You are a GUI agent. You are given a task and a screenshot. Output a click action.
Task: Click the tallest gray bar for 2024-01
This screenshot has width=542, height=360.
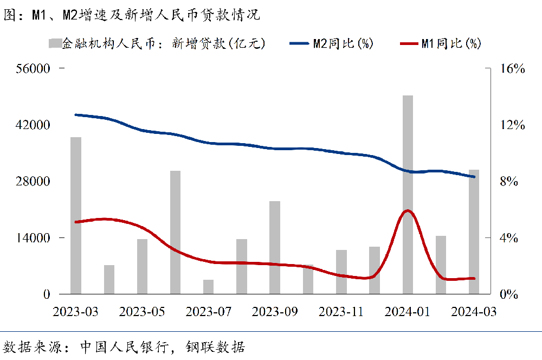pos(408,195)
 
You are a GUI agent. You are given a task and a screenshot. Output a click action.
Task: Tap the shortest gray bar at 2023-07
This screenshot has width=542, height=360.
pos(208,287)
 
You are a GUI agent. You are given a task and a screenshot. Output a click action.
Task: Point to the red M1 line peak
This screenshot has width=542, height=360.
pos(408,210)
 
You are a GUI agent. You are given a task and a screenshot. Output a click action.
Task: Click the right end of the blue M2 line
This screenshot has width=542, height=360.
pos(474,176)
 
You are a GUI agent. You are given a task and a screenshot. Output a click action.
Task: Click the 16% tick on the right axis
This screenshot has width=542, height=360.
pos(512,69)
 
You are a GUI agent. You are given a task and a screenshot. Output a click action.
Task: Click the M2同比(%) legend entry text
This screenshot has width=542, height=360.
pos(343,44)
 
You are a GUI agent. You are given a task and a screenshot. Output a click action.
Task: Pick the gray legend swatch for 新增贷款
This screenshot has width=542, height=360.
pos(54,43)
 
